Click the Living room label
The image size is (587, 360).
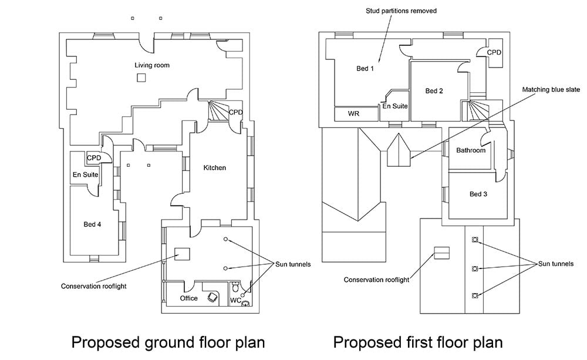tap(152, 65)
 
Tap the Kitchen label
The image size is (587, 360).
tap(214, 167)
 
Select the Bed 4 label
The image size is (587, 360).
tap(92, 224)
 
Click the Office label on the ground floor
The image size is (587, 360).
tap(188, 298)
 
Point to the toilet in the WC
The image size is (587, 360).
tap(235, 288)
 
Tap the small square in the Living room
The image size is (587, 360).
tap(141, 78)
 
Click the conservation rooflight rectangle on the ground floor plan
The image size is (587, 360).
tap(182, 254)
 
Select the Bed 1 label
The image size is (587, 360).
tap(365, 69)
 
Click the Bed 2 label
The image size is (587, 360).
tap(434, 91)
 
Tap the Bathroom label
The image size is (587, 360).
tap(471, 150)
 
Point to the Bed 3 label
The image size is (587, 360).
tap(478, 194)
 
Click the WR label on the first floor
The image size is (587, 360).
tap(353, 113)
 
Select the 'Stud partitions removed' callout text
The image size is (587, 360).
tap(401, 11)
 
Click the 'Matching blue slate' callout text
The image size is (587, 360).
tap(551, 89)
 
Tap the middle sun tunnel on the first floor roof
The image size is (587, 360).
tap(475, 268)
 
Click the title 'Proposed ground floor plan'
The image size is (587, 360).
tap(168, 343)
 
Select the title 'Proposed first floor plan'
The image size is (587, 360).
tap(418, 343)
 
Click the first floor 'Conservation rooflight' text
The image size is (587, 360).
tap(376, 280)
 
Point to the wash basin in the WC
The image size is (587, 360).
tap(246, 303)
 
